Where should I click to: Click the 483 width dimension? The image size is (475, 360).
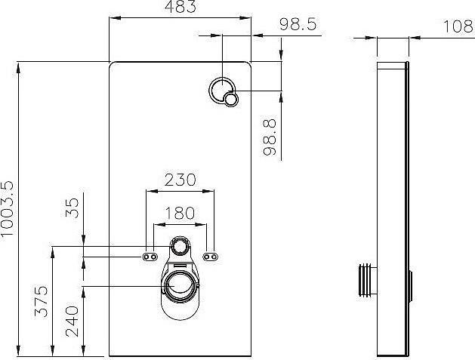[180, 7]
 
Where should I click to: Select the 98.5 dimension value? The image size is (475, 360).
[298, 24]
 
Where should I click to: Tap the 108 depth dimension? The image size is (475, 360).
[458, 26]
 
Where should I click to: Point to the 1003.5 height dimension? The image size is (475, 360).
[8, 209]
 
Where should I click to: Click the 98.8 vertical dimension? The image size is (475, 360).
[270, 137]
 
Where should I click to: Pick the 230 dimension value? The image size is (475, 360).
[180, 180]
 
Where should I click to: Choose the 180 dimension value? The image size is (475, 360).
[180, 213]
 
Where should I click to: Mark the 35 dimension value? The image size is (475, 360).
[72, 208]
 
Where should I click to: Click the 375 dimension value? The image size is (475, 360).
[42, 301]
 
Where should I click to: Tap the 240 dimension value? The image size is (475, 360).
[72, 322]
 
